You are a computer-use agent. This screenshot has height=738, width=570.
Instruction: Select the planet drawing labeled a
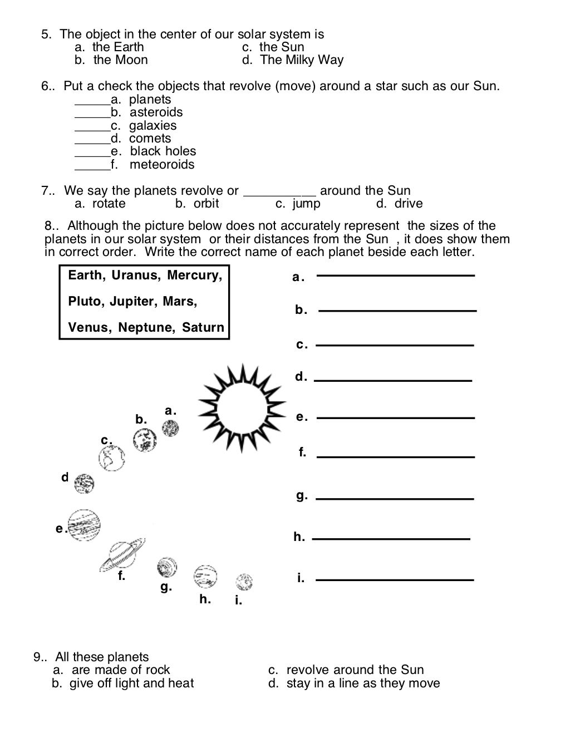[x=170, y=429]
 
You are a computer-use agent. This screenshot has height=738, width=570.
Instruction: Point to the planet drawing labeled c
[x=111, y=459]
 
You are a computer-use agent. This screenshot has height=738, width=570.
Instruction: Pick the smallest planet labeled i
[x=244, y=582]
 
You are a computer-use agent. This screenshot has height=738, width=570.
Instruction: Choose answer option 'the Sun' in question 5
[x=281, y=47]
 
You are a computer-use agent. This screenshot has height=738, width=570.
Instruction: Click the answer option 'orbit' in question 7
[x=206, y=204]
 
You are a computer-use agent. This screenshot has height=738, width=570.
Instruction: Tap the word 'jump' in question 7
[x=306, y=204]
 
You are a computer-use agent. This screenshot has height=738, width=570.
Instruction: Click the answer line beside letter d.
[x=393, y=380]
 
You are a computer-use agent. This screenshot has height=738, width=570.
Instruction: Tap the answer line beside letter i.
[x=395, y=579]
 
